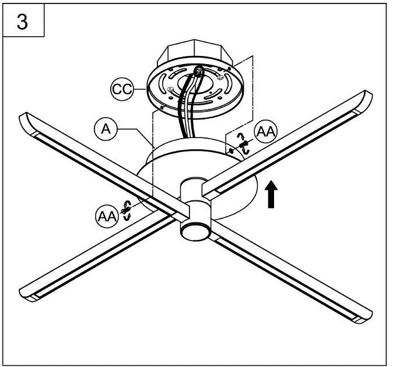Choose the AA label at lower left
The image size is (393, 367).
(106, 216)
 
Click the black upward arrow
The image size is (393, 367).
(271, 194)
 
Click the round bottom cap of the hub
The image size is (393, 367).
(194, 231)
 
